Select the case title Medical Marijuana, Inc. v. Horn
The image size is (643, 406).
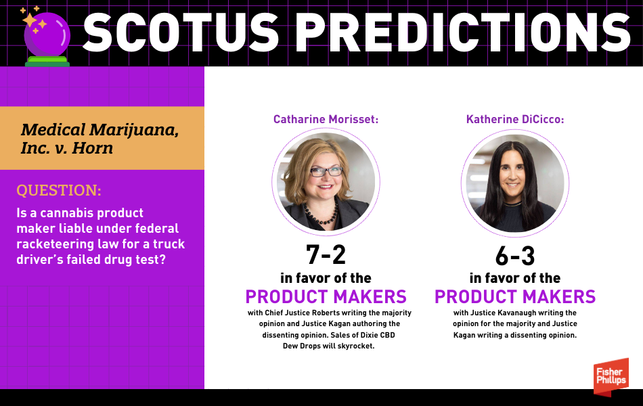click(x=99, y=139)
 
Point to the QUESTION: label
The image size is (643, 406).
click(x=59, y=190)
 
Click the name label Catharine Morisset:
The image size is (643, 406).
click(x=326, y=119)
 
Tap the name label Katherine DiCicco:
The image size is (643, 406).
click(x=515, y=119)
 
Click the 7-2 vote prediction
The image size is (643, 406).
click(x=326, y=254)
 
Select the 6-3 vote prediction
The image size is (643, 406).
click(x=515, y=256)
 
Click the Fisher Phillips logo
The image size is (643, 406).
click(x=611, y=376)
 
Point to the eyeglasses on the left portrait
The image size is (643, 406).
click(x=326, y=171)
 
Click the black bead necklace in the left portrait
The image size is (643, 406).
click(x=322, y=213)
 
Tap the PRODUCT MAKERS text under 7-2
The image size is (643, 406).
click(x=326, y=297)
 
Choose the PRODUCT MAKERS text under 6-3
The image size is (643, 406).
click(x=515, y=297)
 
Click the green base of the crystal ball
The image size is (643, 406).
click(x=47, y=62)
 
